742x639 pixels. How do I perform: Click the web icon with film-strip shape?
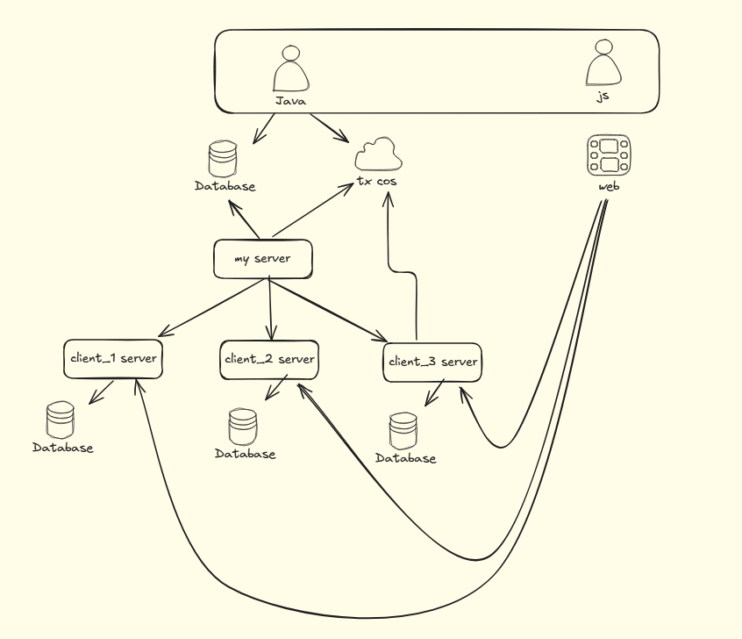point(609,154)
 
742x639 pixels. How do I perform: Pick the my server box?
point(262,259)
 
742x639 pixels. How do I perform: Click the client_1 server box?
point(113,359)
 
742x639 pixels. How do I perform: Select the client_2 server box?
point(269,360)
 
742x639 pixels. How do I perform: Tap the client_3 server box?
point(432,363)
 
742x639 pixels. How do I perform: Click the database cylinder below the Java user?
point(223,159)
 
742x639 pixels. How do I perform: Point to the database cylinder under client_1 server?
point(61,420)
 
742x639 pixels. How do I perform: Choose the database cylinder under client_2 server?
point(243,427)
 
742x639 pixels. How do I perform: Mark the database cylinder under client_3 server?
point(403,431)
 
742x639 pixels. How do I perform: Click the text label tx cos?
point(376,181)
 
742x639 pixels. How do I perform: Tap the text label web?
point(609,186)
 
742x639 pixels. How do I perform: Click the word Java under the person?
point(290,101)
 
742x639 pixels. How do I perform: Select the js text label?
point(603,97)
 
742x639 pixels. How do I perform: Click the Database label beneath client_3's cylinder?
point(405,458)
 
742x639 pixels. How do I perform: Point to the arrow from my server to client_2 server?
point(270,309)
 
